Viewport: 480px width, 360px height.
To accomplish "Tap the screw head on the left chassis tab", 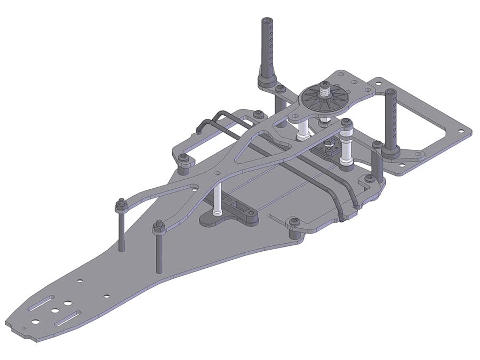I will (183, 158).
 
